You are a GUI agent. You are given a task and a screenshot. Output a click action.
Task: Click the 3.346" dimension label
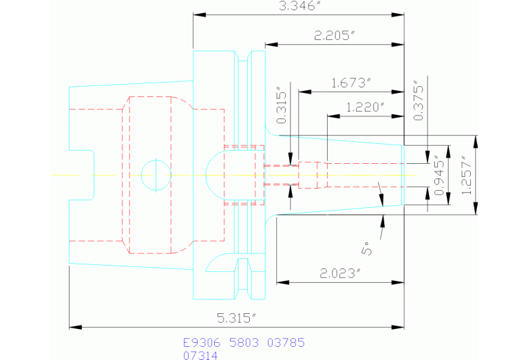pyautogui.click(x=299, y=6)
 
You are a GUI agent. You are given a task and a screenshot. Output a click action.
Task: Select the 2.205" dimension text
pyautogui.click(x=335, y=36)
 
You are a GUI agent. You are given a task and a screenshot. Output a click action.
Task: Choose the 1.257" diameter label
pyautogui.click(x=468, y=175)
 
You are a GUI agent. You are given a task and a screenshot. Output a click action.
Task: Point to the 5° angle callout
pyautogui.click(x=369, y=248)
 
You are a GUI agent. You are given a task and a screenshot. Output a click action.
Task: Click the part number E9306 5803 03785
pyautogui.click(x=243, y=342)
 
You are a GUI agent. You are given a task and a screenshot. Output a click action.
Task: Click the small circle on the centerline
pyautogui.click(x=156, y=175)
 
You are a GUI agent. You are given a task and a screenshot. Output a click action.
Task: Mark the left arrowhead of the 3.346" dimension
pyautogui.click(x=198, y=14)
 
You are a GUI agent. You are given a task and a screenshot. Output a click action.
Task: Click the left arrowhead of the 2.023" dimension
pyautogui.click(x=281, y=282)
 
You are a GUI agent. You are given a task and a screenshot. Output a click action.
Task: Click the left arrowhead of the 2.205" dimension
pyautogui.click(x=271, y=45)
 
